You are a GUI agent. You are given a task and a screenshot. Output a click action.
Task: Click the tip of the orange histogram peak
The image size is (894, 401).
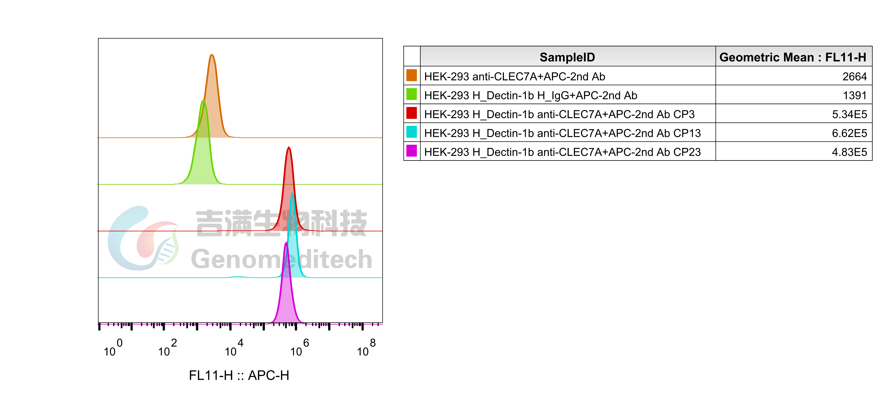[x=212, y=55]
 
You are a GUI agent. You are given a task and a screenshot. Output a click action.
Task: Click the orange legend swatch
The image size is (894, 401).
[x=411, y=75]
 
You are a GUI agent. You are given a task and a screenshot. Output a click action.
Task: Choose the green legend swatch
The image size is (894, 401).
[x=411, y=94]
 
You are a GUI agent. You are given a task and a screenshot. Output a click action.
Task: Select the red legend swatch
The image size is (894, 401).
[x=411, y=113]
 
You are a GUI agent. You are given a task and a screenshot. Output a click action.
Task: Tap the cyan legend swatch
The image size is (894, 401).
[x=411, y=132]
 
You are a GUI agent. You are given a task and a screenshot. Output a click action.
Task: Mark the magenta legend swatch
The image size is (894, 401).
[x=411, y=151]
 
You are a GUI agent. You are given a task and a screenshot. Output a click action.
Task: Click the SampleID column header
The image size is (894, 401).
[x=567, y=57]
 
